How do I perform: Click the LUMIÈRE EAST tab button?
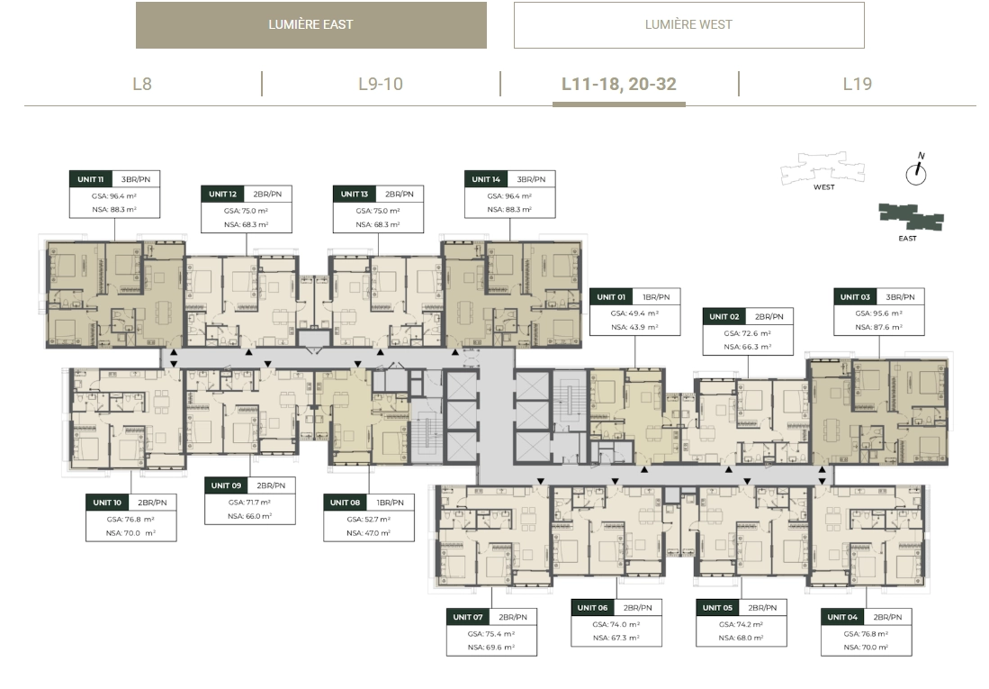pyautogui.click(x=310, y=24)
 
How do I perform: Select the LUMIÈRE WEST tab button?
pyautogui.click(x=688, y=24)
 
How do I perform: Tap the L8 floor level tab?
pyautogui.click(x=142, y=84)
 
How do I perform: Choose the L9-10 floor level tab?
pyautogui.click(x=381, y=84)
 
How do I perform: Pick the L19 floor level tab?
pyautogui.click(x=857, y=84)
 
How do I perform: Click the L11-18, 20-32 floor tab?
pyautogui.click(x=619, y=84)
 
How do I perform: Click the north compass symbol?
pyautogui.click(x=916, y=171)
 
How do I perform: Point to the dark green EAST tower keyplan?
pyautogui.click(x=911, y=216)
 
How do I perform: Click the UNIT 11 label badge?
pyautogui.click(x=91, y=179)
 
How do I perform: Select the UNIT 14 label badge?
pyautogui.click(x=486, y=179)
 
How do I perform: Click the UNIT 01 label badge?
pyautogui.click(x=612, y=297)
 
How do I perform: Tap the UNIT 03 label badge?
pyautogui.click(x=855, y=297)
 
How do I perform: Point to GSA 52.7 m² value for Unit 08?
pyautogui.click(x=369, y=519)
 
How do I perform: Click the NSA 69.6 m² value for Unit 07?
pyautogui.click(x=491, y=647)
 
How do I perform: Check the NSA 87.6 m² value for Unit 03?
pyautogui.click(x=879, y=328)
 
